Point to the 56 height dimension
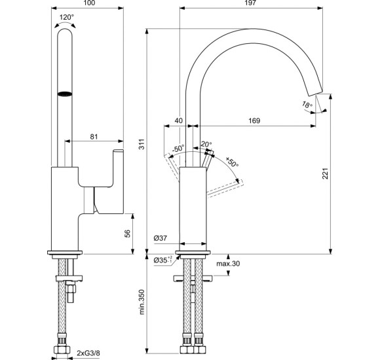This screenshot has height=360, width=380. pyautogui.click(x=128, y=232)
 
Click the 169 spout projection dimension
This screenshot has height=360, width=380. pyautogui.click(x=255, y=121)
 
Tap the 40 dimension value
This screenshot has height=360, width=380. pyautogui.click(x=179, y=121)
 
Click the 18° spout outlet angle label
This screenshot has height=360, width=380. pyautogui.click(x=307, y=105)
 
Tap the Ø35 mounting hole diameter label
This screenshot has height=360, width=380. pyautogui.click(x=164, y=260)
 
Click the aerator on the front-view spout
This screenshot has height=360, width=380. pyautogui.click(x=65, y=96)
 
